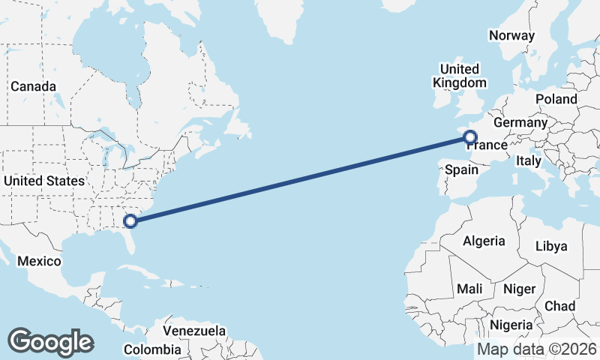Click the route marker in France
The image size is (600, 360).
pyautogui.click(x=470, y=136)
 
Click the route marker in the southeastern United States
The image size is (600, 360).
pyautogui.click(x=130, y=220)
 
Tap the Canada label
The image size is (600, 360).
pyautogui.click(x=33, y=86)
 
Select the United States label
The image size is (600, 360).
pyautogui.click(x=44, y=181)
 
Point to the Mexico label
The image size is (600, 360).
pyautogui.click(x=39, y=261)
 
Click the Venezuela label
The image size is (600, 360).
pyautogui.click(x=194, y=330)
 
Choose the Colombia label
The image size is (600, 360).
pyautogui.click(x=152, y=349)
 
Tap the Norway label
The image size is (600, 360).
pyautogui.click(x=511, y=35)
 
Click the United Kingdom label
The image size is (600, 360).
pyautogui.click(x=460, y=76)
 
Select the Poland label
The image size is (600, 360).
pyautogui.click(x=556, y=99)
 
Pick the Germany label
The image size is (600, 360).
pyautogui.click(x=520, y=122)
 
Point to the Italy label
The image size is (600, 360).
pyautogui.click(x=528, y=160)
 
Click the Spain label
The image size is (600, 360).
pyautogui.click(x=461, y=169)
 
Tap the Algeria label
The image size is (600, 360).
pyautogui.click(x=484, y=241)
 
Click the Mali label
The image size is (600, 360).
pyautogui.click(x=469, y=289)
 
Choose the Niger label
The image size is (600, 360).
pyautogui.click(x=519, y=289)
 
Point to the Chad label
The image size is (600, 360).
pyautogui.click(x=560, y=306)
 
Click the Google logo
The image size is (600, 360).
pyautogui.click(x=50, y=342)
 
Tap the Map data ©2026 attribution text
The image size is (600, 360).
pyautogui.click(x=536, y=349)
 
